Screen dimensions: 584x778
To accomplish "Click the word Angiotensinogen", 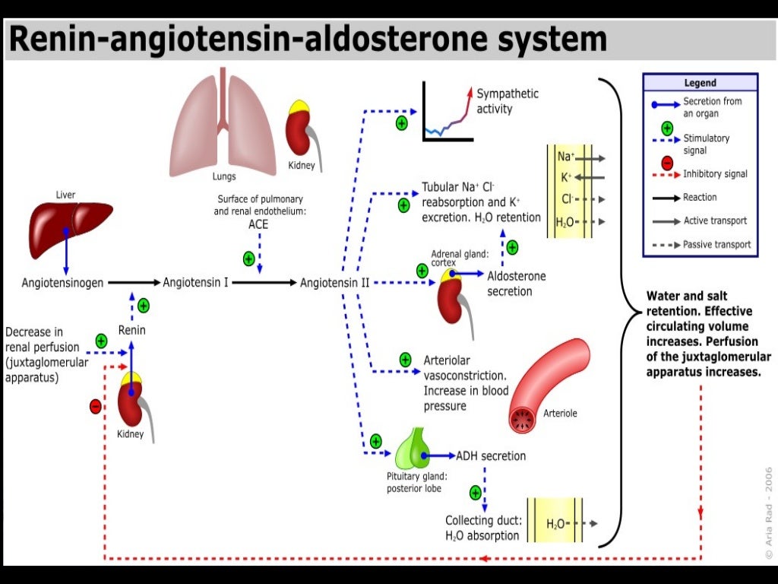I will coord(62,283).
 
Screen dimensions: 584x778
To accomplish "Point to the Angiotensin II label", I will coord(334,283).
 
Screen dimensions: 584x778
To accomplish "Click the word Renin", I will coord(131,330).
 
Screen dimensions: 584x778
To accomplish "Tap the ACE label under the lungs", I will coord(258,225).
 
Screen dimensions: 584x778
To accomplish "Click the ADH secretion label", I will coord(490,456).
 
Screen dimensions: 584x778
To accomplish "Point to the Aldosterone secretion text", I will coord(516,284).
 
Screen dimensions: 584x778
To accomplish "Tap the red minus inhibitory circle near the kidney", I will coord(95,406).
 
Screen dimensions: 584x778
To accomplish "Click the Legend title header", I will coord(700,83).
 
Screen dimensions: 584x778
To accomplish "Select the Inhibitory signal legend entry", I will coord(715,174).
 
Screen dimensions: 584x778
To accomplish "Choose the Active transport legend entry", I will coord(715,221).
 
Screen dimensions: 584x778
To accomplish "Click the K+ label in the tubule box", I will coord(566,176).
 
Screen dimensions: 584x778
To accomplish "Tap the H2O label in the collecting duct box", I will coord(556,524).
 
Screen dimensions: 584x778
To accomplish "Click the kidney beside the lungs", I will coord(302,129).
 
